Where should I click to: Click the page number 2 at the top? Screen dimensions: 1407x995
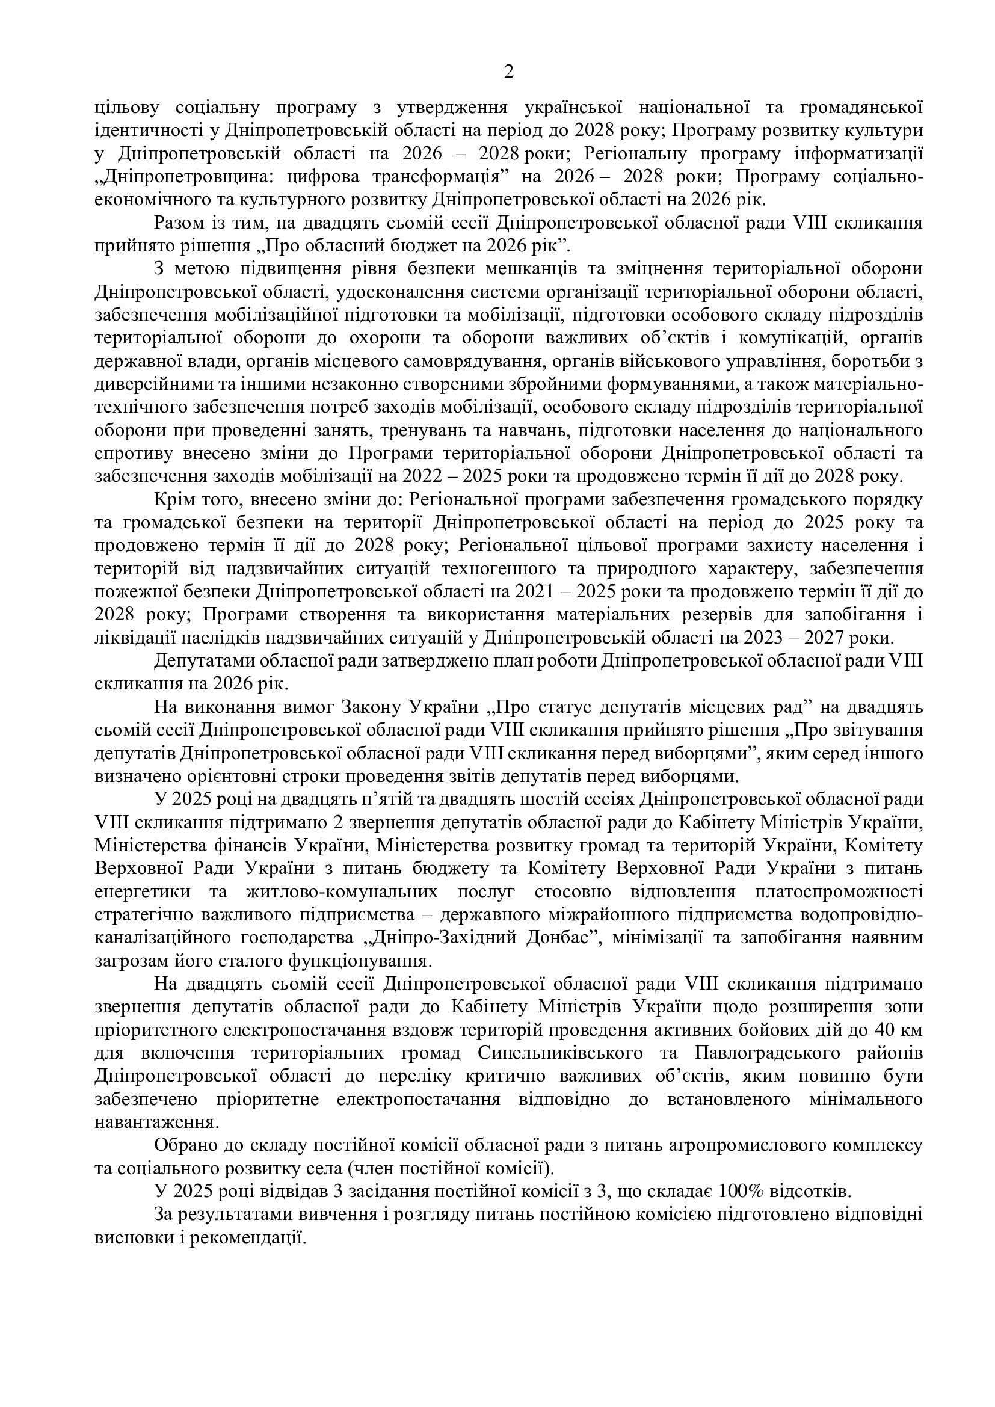508,72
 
